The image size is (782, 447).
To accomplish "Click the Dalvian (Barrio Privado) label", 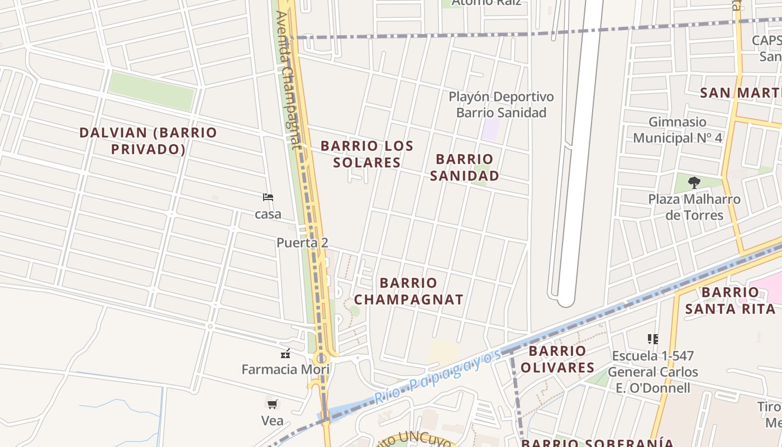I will coord(148,141).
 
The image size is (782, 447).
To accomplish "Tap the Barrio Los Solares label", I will coord(367,154).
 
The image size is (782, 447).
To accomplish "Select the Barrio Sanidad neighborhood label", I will coord(464,168).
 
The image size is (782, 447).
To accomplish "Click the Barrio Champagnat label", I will coord(408,291).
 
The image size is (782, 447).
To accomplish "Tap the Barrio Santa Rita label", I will coord(730,300).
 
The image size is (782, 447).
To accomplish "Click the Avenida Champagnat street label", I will coord(288,80).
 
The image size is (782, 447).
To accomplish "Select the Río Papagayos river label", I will coord(437,378).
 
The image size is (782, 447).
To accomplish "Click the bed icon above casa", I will coord(268,197).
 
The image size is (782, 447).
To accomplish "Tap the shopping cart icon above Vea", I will coord(272,404).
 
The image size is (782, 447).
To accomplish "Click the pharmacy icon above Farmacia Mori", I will coord(285,353).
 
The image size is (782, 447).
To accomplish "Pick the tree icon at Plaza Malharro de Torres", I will coord(694,182).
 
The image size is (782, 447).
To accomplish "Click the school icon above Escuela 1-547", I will coord(652,339).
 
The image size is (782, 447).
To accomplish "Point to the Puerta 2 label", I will coord(302,242).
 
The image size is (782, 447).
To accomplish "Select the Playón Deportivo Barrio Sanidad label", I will coord(501,104).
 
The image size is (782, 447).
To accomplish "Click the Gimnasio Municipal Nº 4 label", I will coord(678,130).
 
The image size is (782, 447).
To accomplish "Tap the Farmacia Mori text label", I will coord(285,369).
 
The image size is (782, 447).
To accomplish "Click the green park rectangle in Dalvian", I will coord(151,91).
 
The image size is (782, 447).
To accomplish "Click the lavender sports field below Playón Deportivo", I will coord(491,129).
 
